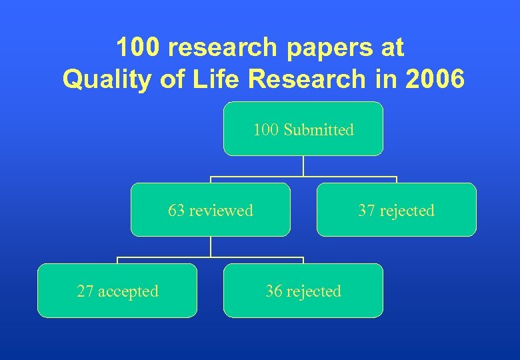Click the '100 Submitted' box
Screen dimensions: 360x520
click(x=303, y=129)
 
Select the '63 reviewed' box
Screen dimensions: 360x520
click(x=211, y=209)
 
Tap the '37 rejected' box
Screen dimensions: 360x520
click(x=397, y=209)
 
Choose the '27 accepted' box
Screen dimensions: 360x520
click(x=117, y=290)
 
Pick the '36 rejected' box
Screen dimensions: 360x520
click(x=303, y=290)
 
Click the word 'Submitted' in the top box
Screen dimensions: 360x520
click(x=319, y=129)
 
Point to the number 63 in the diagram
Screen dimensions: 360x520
click(x=177, y=211)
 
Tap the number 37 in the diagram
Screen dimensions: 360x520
click(x=367, y=211)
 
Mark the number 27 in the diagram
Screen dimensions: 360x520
click(x=85, y=291)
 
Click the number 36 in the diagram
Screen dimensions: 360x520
click(x=273, y=291)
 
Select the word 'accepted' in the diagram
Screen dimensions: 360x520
click(x=128, y=291)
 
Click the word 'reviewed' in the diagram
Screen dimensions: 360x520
click(x=221, y=211)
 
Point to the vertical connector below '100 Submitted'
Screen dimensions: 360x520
click(x=303, y=166)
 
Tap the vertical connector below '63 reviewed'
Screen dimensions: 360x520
click(x=211, y=247)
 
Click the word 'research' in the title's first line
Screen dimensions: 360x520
click(x=223, y=48)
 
